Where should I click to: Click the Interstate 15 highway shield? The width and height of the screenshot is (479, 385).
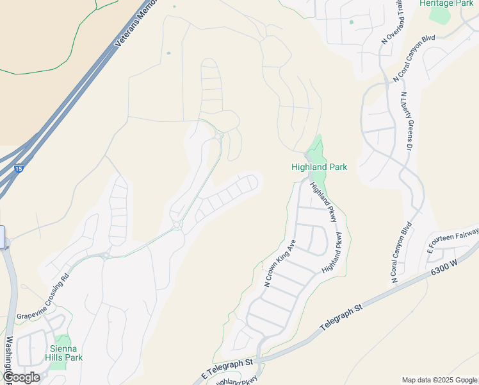point(18,168)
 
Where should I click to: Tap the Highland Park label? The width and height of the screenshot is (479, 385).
point(319,167)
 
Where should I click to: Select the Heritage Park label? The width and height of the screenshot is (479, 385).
point(446,3)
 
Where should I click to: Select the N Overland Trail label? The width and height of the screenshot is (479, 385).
point(393,22)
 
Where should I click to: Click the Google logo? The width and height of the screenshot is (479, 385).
point(21,377)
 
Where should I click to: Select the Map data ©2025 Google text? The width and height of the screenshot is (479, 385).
point(439,380)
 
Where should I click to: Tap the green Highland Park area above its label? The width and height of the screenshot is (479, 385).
point(316,151)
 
